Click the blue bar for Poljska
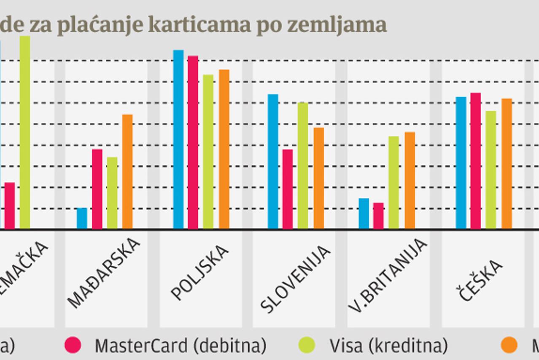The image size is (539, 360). [178, 139]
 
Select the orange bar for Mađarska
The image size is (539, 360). [127, 171]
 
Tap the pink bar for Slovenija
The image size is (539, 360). [288, 189]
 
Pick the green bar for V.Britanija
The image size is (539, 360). [393, 182]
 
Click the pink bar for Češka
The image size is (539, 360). [475, 161]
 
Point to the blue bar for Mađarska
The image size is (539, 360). [82, 218]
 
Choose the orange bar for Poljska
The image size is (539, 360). [224, 149]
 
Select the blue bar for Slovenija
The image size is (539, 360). [273, 161]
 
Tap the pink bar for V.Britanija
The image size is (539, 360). [378, 216]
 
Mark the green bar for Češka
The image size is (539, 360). [490, 170]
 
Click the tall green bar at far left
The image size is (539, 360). [25, 132]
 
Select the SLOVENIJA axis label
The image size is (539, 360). [295, 279]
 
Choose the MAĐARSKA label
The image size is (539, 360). [104, 273]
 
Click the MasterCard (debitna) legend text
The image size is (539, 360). [181, 346]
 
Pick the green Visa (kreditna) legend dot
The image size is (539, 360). [307, 346]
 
